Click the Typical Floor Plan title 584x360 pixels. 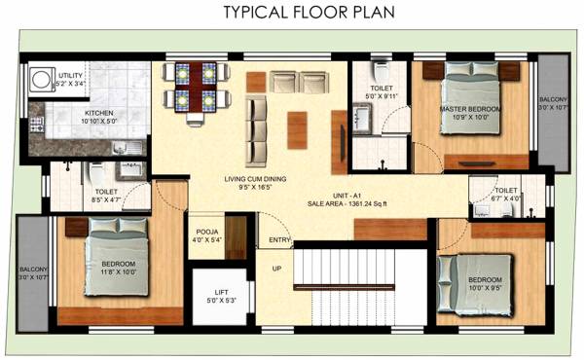292,13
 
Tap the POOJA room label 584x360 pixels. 205,231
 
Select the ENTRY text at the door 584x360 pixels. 280,239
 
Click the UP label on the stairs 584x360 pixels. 276,269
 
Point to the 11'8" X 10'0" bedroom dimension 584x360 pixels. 119,273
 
